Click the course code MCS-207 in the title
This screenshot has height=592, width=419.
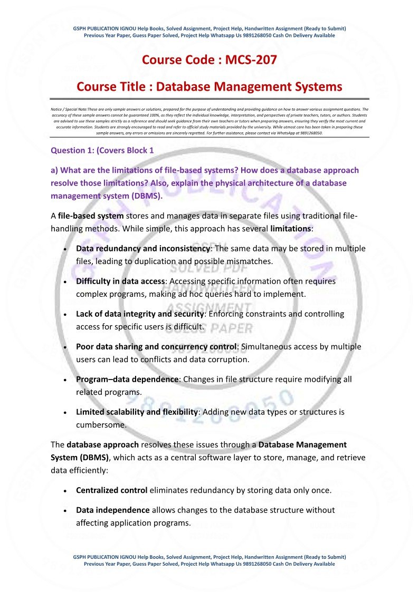[x=251, y=60]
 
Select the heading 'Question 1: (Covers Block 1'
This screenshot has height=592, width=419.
[x=102, y=150]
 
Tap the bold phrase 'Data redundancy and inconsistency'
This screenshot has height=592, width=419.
[x=143, y=248]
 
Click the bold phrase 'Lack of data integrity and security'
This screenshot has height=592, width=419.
[x=140, y=314]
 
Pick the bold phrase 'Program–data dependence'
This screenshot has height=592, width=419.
[x=127, y=379]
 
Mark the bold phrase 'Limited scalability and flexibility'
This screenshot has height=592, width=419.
[x=137, y=412]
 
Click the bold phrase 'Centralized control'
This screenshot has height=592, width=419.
[x=112, y=490]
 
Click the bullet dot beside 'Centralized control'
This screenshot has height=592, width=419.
[x=64, y=491]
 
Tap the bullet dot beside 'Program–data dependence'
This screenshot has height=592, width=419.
[x=64, y=380]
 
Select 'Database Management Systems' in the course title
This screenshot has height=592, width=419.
[x=249, y=86]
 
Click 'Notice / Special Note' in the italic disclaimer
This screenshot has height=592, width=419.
[x=65, y=109]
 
